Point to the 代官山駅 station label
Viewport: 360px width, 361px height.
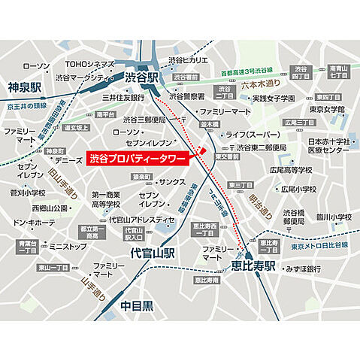click(x=152, y=253)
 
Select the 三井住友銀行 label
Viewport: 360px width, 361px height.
click(x=123, y=97)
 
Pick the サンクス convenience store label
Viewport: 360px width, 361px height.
click(x=172, y=182)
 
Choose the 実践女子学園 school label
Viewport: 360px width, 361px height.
click(x=276, y=98)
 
